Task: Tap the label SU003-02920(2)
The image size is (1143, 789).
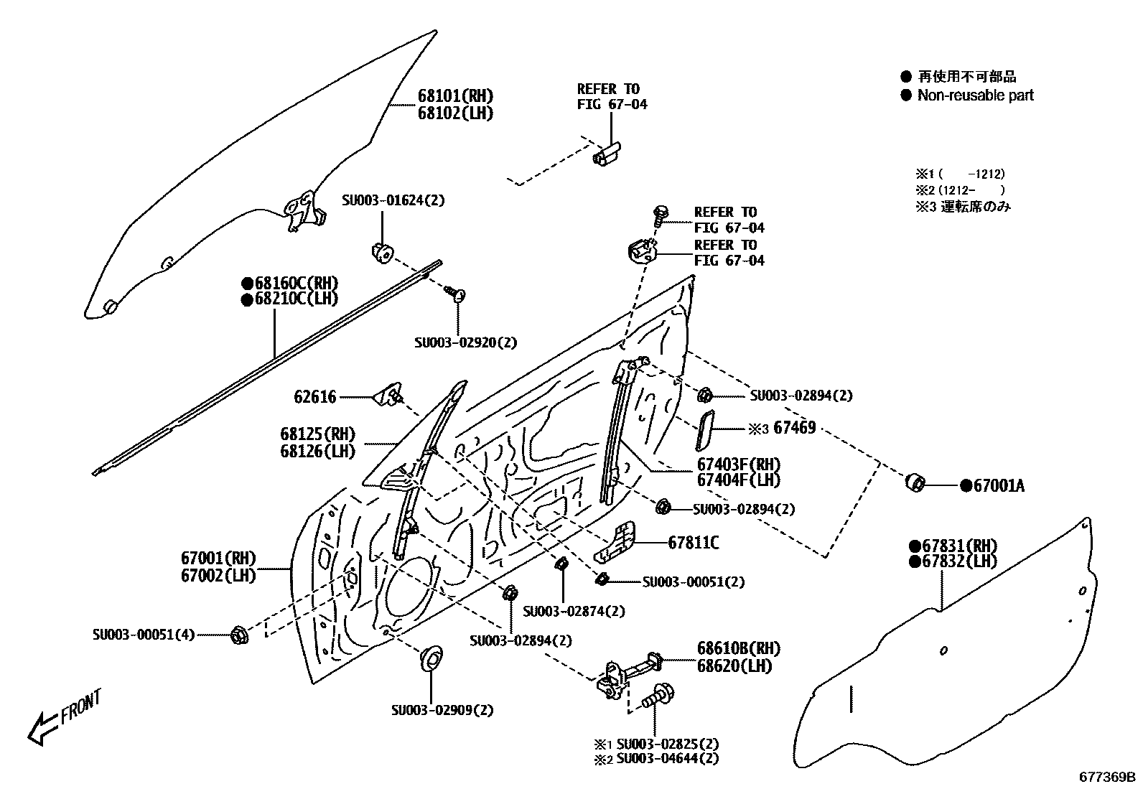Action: coord(465,343)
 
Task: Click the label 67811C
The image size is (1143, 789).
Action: coord(693,543)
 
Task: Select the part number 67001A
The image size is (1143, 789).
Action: coord(998,486)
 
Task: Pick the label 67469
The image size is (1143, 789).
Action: coord(794,429)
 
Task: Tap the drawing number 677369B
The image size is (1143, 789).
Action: coord(1107,777)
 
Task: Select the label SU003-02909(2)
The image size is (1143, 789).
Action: coord(442,711)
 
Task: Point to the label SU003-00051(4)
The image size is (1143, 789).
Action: coord(144,635)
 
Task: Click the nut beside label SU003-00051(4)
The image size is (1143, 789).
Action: coord(239,635)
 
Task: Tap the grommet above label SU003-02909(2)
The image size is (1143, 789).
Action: coord(431,658)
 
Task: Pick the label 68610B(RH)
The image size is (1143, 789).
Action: coord(737,649)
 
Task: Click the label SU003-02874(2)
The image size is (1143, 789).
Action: coord(574,612)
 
